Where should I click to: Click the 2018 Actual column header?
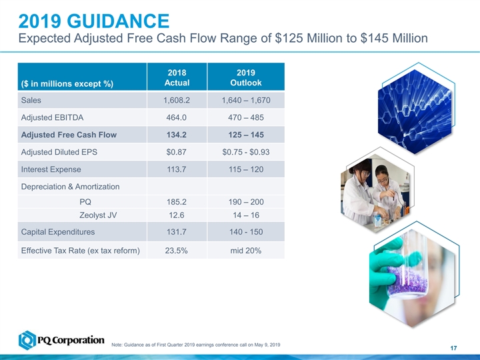click(x=177, y=77)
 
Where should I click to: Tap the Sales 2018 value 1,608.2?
click(x=177, y=100)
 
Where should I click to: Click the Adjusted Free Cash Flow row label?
click(x=64, y=135)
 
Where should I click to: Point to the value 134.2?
click(x=177, y=135)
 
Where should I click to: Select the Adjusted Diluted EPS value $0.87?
click(x=177, y=152)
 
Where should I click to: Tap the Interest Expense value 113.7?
click(x=177, y=169)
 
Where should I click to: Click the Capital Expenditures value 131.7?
click(x=177, y=232)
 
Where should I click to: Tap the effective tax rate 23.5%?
click(x=177, y=251)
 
